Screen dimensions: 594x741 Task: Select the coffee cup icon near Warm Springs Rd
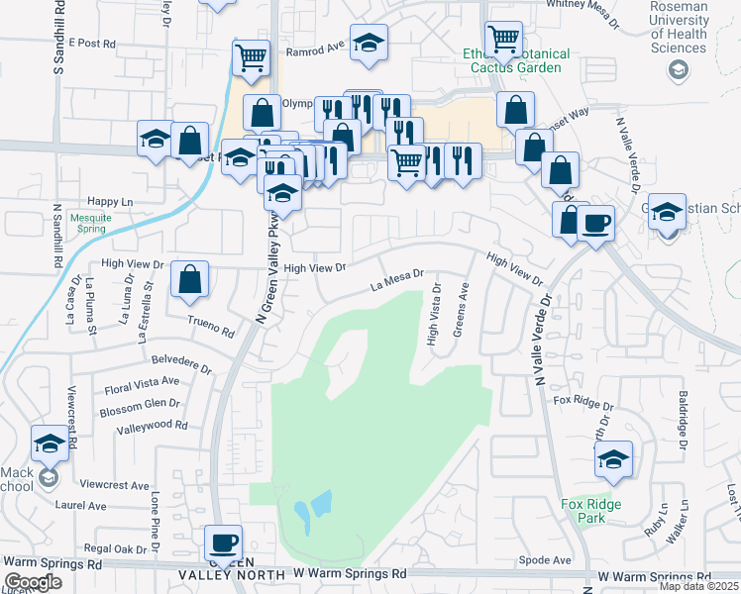(x=222, y=544)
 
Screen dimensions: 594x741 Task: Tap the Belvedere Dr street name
(x=181, y=363)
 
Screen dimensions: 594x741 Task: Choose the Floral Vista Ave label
(x=142, y=381)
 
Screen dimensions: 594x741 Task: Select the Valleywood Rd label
(x=152, y=425)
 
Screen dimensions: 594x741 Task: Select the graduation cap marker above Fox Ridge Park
(x=614, y=459)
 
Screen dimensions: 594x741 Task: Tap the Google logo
(x=33, y=582)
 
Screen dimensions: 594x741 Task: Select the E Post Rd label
(x=93, y=45)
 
